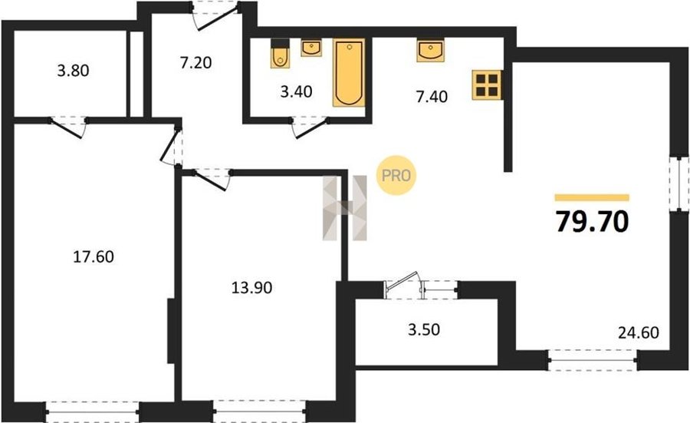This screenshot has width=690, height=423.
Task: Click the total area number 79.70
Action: [592, 221]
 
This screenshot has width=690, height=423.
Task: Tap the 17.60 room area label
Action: [94, 256]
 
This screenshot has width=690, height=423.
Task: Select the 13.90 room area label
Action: [251, 288]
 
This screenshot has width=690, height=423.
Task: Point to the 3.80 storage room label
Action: [73, 71]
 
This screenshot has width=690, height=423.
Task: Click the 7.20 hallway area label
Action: [195, 63]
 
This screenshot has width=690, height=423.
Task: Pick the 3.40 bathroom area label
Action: [296, 91]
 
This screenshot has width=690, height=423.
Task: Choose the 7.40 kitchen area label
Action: [432, 97]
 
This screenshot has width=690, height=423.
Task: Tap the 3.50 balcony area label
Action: [424, 329]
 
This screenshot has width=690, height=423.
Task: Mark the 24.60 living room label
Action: [639, 332]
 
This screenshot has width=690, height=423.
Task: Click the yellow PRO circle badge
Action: [396, 175]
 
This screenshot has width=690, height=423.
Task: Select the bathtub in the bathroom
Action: [349, 73]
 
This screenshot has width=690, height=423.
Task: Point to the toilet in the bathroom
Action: [280, 53]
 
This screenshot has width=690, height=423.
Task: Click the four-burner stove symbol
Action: [487, 84]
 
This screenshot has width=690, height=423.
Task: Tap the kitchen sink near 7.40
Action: [430, 50]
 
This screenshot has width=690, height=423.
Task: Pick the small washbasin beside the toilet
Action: [311, 48]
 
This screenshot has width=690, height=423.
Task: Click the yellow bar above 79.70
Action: [592, 197]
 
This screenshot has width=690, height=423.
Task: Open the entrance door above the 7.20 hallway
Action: [217, 16]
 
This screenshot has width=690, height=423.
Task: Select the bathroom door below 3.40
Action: [310, 127]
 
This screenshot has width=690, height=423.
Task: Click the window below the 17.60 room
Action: [92, 411]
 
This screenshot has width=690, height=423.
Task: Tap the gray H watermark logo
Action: [344, 208]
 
